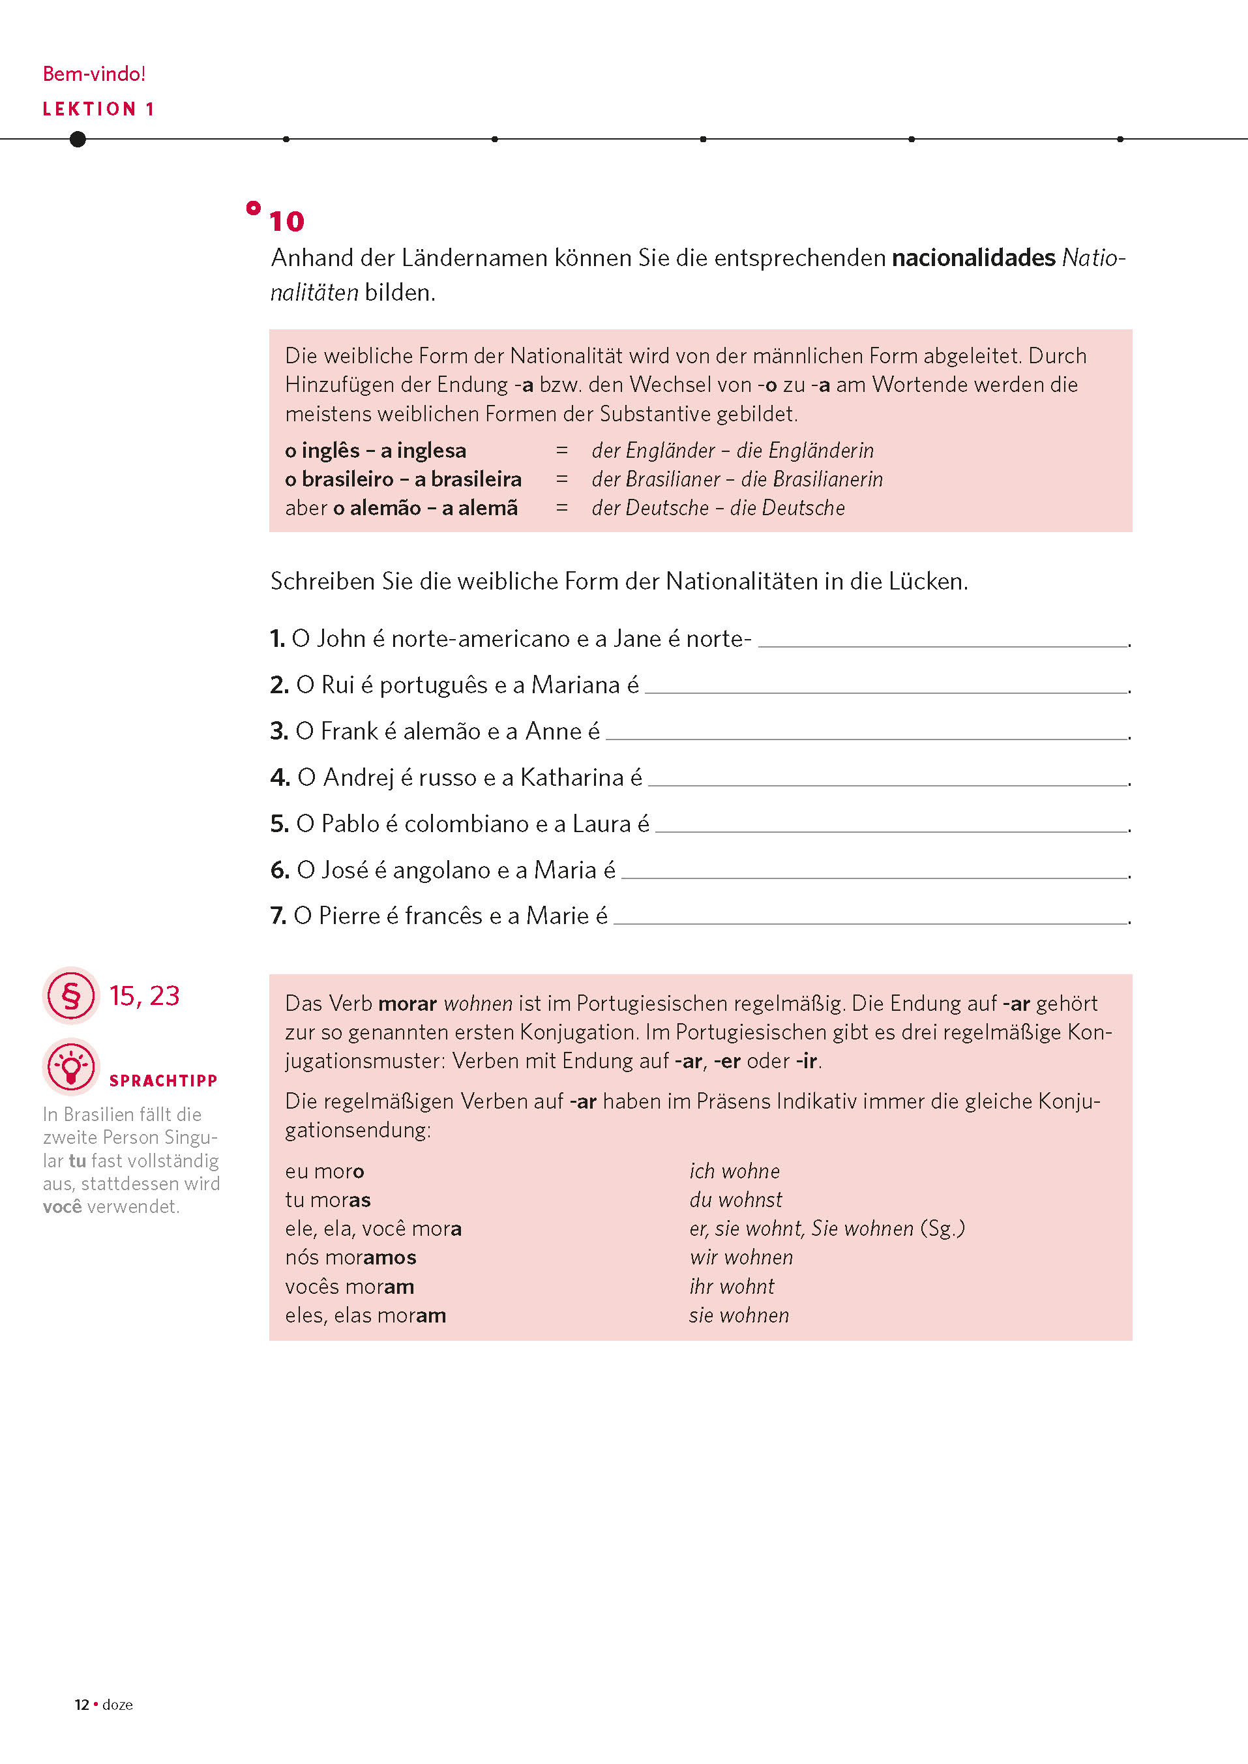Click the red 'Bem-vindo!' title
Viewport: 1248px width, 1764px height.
point(94,74)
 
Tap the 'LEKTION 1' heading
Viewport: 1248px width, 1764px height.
point(98,109)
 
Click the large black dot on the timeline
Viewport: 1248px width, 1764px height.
point(78,139)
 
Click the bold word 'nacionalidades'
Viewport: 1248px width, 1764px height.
point(973,258)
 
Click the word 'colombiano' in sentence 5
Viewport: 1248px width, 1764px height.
point(466,824)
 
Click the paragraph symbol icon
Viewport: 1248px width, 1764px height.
point(70,995)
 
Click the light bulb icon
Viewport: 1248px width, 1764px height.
point(70,1067)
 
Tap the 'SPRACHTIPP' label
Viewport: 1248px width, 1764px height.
point(163,1081)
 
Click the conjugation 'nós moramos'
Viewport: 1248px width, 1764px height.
point(350,1257)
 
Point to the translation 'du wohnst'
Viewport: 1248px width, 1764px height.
point(735,1200)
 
